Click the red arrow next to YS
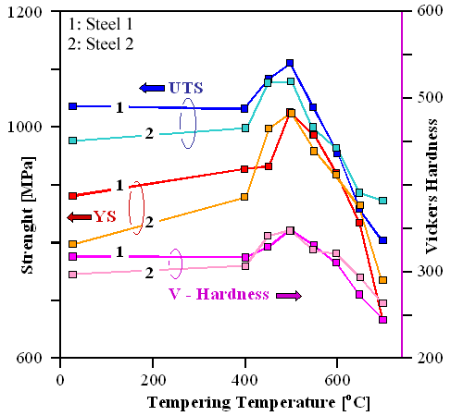[x=79, y=216]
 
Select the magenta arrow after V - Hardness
[x=289, y=295]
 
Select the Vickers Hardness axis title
[x=432, y=185]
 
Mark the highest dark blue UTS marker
[x=290, y=63]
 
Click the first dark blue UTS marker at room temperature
[x=72, y=106]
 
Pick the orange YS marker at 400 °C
[x=245, y=197]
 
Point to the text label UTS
[x=185, y=88]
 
